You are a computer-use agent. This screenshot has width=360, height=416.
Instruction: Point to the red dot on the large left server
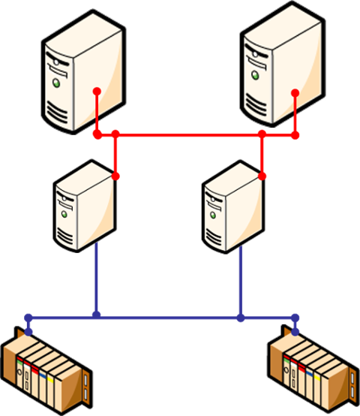pos(97,92)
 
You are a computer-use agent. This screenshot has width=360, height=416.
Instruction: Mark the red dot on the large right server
pos(295,92)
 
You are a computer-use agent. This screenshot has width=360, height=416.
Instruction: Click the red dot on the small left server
pos(115,176)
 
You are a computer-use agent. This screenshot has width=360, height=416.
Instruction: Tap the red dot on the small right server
pos(262,176)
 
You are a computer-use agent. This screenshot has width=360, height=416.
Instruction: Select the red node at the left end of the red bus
pos(97,135)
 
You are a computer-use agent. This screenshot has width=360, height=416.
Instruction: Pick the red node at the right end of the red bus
pos(295,135)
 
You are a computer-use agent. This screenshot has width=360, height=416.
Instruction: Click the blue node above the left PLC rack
pos(28,317)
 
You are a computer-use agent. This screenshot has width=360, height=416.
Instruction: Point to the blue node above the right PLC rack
pos(295,317)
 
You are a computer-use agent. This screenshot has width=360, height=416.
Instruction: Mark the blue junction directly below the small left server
pos(96,315)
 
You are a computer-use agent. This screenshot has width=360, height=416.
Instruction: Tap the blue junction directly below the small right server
pos(240,318)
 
